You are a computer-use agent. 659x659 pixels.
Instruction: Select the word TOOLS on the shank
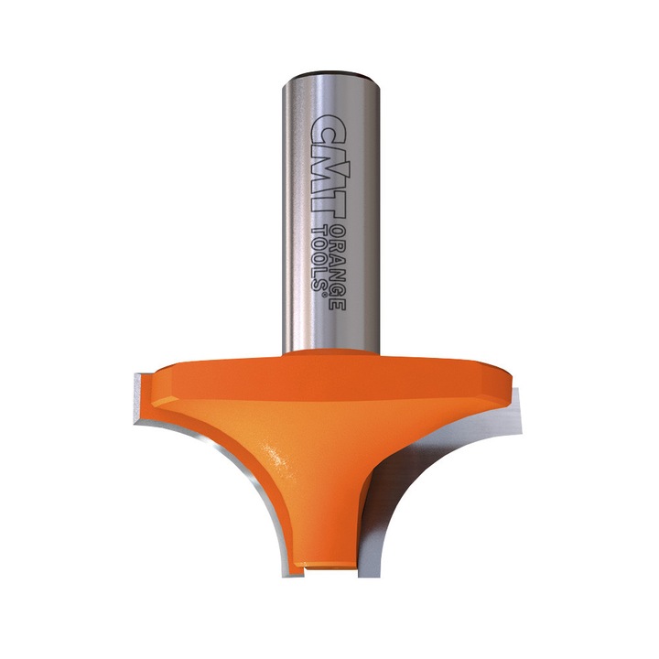[x=320, y=255]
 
